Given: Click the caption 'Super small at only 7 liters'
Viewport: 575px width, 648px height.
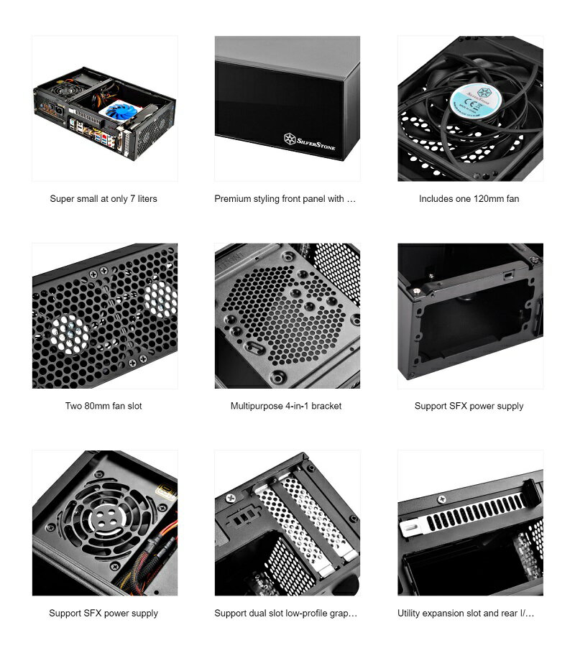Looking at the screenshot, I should point(103,199).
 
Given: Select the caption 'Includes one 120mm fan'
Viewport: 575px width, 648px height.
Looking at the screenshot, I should point(469,199).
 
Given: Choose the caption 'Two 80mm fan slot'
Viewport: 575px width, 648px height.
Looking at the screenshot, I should point(103,406).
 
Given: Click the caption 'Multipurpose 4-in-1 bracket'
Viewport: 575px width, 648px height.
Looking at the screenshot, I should point(286,406).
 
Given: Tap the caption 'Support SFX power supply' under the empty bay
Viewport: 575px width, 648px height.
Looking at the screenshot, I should point(469,406).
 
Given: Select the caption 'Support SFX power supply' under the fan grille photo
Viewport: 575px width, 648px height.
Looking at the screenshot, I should point(103,613).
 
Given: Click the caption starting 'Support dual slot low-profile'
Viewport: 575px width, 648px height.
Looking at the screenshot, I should point(286,613).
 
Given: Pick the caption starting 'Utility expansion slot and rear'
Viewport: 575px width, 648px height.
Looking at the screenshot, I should point(466,613).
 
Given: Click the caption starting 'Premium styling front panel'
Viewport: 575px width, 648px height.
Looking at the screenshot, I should point(285,199).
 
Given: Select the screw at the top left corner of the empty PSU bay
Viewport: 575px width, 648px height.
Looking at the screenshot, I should point(418,290).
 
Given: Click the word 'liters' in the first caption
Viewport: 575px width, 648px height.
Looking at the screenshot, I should point(144,199).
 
